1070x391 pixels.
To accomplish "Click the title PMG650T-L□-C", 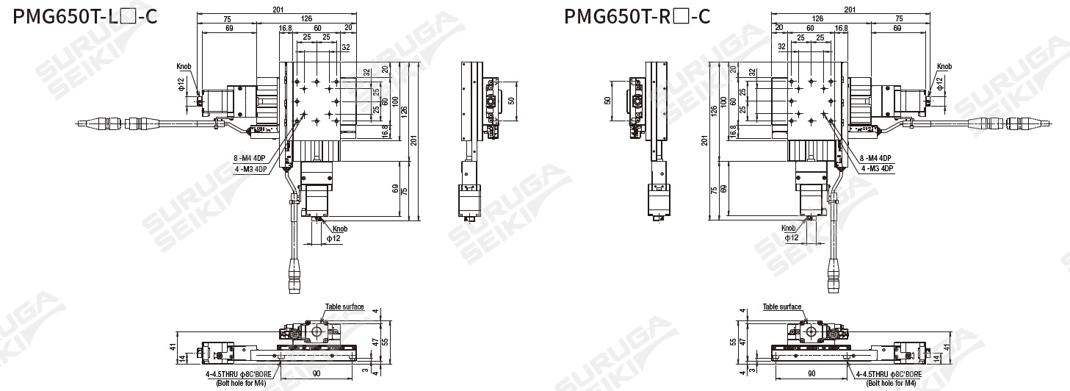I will pyautogui.click(x=85, y=16).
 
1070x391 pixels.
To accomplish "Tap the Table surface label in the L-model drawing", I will pyautogui.click(x=344, y=306).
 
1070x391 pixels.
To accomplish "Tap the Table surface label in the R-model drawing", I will pyautogui.click(x=782, y=306).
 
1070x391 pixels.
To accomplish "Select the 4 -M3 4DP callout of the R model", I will pyautogui.click(x=877, y=168).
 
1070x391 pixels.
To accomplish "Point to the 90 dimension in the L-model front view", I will pyautogui.click(x=317, y=374).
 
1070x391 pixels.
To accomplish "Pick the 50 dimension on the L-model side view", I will pyautogui.click(x=511, y=100).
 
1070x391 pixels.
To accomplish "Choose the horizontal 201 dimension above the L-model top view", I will pyautogui.click(x=278, y=10).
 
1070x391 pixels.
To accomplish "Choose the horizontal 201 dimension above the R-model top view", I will pyautogui.click(x=850, y=10).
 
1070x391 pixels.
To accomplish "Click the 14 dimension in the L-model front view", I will pyautogui.click(x=182, y=358).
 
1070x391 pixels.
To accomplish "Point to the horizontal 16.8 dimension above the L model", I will pyautogui.click(x=285, y=28).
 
